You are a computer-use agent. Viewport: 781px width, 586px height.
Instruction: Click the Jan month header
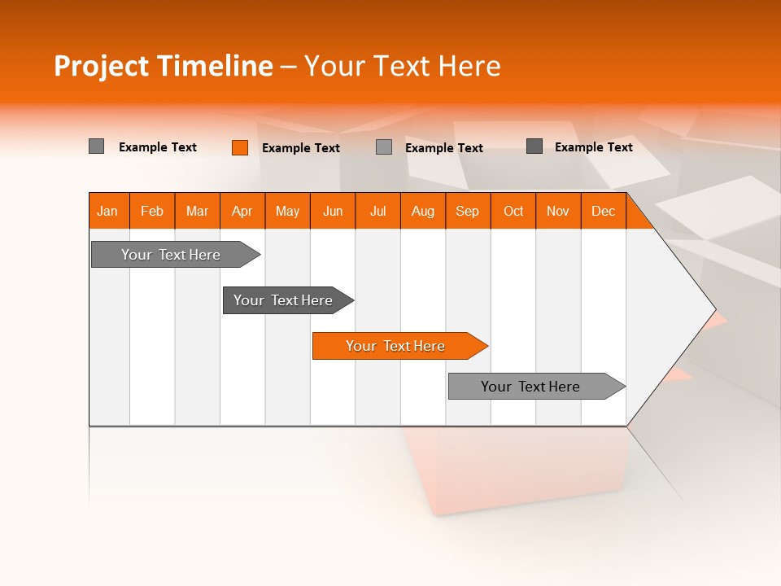point(107,211)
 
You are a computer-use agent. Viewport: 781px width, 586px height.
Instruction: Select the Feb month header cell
point(152,211)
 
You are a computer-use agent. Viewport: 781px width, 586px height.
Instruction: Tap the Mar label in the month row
point(197,211)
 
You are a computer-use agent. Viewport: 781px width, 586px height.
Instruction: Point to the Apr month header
point(242,211)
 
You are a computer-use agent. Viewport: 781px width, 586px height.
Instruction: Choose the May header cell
point(287,211)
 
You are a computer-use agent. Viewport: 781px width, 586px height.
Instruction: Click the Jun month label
point(333,211)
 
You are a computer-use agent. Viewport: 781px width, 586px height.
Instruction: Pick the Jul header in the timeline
point(377,211)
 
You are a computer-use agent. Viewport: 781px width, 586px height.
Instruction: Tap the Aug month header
point(423,211)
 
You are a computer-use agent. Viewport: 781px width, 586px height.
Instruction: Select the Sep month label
point(468,211)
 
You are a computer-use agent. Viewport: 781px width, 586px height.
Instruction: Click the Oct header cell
point(513,211)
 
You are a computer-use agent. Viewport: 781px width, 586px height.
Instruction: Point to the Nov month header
point(558,211)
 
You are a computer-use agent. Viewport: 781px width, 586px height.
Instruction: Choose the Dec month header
point(604,211)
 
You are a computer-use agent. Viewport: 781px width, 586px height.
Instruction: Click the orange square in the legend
point(240,147)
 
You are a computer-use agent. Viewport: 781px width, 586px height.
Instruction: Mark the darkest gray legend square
point(534,146)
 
